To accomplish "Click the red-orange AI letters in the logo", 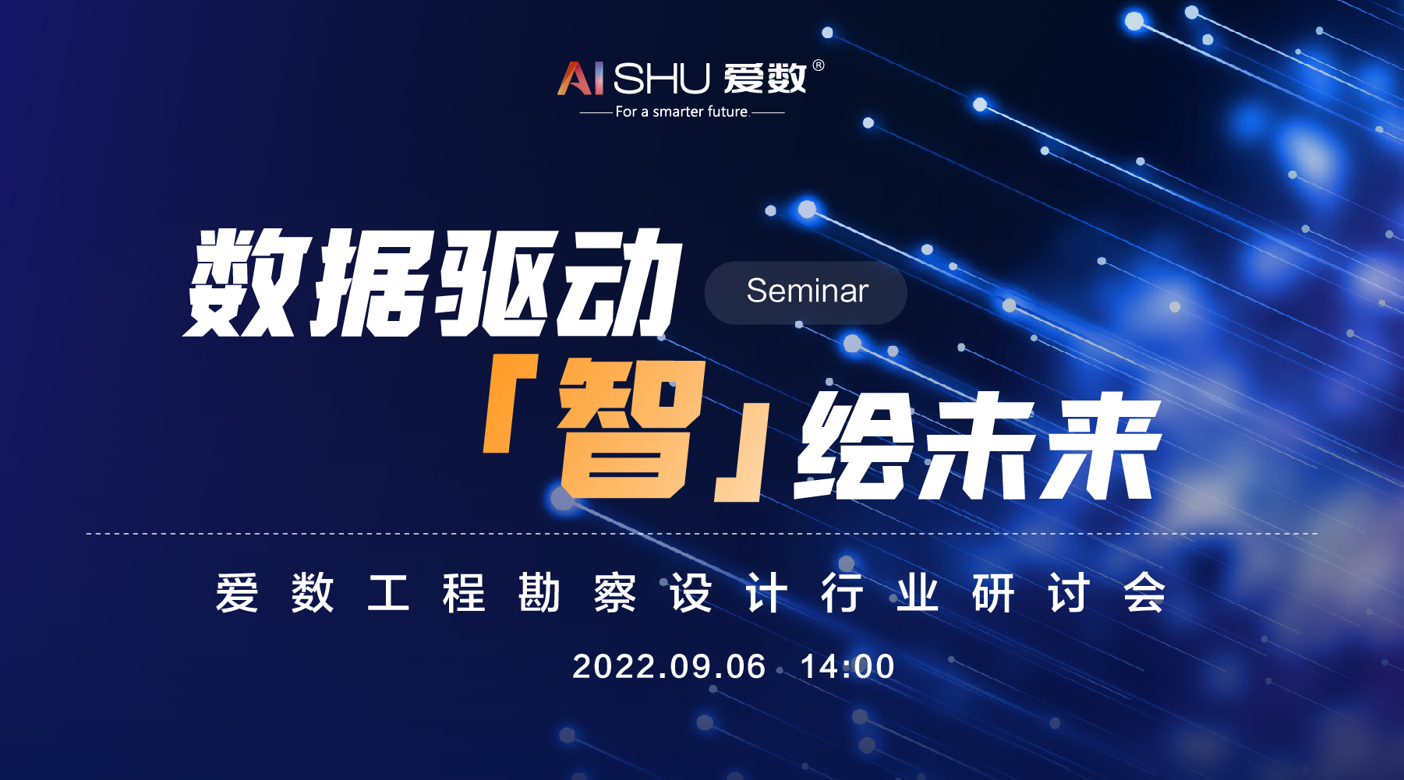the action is [580, 78].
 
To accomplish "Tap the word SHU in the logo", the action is [662, 78].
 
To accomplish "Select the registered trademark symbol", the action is [818, 65].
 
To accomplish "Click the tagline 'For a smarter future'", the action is [681, 111].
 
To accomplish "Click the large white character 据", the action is [371, 284].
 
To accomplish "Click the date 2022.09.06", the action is [669, 667].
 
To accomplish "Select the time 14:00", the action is [847, 667].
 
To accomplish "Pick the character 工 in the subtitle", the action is [388, 593].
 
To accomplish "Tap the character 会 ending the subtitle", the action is [1144, 593].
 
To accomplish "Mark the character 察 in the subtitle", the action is [615, 593].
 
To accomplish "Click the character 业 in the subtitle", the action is [917, 593].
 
